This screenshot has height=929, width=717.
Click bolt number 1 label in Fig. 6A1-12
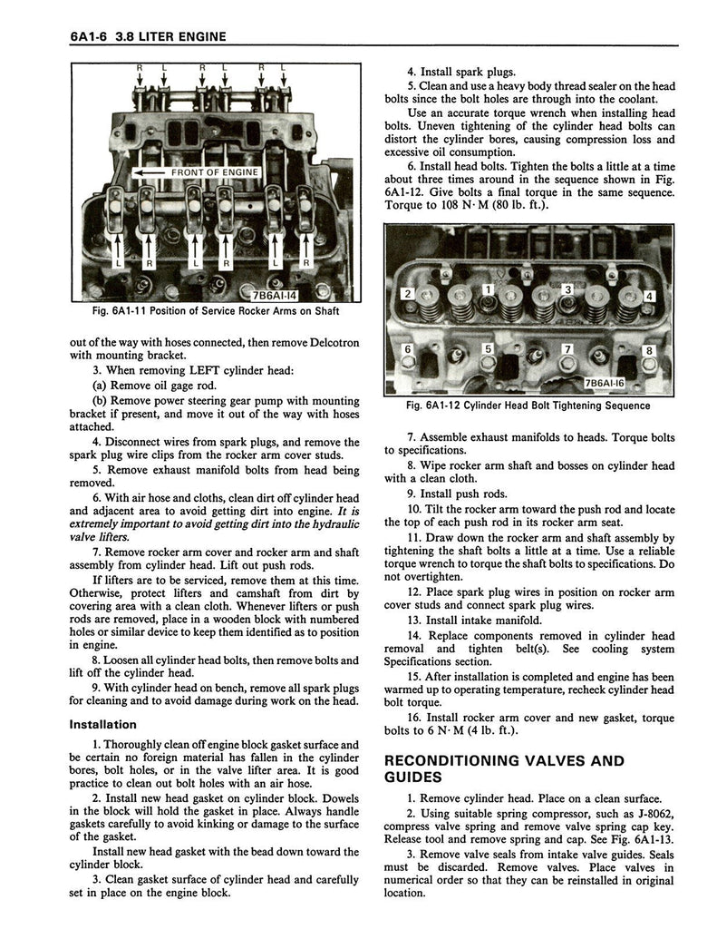[x=488, y=289]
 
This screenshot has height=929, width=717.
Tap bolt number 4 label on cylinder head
[x=649, y=297]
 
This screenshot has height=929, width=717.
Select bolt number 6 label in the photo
[x=408, y=348]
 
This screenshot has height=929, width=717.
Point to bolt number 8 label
[x=648, y=350]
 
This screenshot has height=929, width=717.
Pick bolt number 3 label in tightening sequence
[x=568, y=288]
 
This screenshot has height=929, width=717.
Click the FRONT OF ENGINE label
[x=214, y=172]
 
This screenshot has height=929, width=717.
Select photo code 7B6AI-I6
[x=637, y=384]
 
